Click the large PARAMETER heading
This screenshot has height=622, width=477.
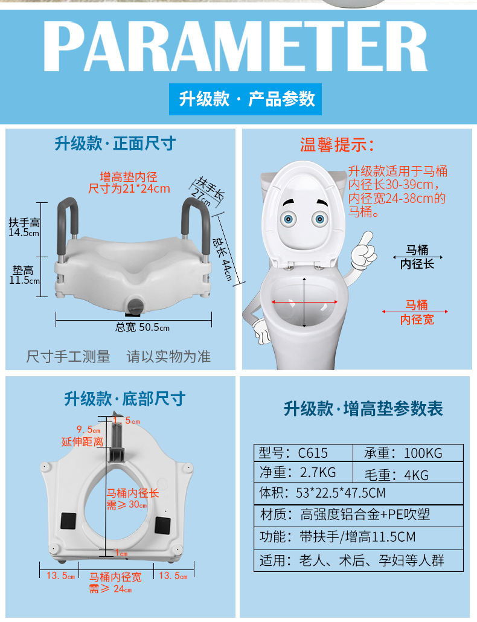(235, 46)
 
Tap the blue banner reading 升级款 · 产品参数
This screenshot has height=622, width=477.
(245, 99)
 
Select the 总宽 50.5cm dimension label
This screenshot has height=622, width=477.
(142, 327)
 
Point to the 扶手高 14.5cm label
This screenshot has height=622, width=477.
(24, 227)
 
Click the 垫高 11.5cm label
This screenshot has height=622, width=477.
(25, 275)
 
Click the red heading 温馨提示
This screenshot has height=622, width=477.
(337, 145)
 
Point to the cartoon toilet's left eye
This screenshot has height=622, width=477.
(288, 219)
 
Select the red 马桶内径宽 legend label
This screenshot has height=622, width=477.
(416, 312)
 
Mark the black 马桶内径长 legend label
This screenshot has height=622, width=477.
(417, 257)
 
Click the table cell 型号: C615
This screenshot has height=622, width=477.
(303, 453)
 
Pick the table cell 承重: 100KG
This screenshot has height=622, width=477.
(408, 453)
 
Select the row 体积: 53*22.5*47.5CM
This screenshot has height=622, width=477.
(359, 493)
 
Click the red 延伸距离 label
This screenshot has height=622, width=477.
(83, 441)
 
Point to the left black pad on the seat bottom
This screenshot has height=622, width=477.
(68, 521)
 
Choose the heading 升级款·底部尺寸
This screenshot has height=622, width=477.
(125, 399)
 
